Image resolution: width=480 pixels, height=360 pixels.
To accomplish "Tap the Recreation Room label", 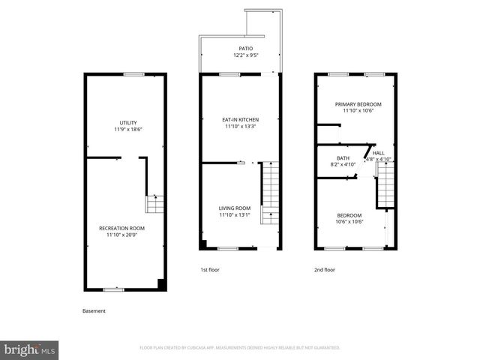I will pos(122,228).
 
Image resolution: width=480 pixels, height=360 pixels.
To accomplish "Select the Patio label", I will pos(235,49).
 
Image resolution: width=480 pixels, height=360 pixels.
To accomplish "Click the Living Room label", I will pos(235,208).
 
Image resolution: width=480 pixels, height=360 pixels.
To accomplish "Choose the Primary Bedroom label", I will pos(358,104).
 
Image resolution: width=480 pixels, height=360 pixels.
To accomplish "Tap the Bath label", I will pos(343,157).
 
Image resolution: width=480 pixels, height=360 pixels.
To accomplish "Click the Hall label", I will pos(379,153).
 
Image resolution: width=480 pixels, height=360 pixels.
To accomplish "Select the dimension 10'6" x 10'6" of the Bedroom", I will pos(349,221).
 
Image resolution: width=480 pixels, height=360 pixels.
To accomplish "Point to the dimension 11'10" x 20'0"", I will pos(122,235).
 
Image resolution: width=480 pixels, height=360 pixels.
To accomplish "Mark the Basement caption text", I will pos(94,310).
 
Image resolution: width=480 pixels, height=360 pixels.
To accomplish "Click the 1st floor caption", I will pos(209,269).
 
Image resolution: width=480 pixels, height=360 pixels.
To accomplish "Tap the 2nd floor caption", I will pos(325,269).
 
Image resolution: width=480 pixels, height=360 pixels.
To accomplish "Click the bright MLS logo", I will pos(30,349).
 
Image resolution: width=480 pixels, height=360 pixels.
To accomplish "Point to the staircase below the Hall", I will pos(385,185).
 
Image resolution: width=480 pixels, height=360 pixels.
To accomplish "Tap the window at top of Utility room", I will pos(133,73).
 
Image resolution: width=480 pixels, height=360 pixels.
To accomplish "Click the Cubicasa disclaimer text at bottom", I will pos(240,348).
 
